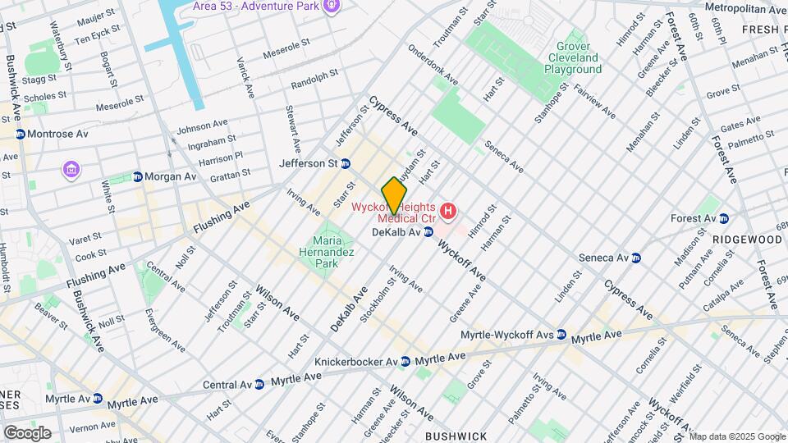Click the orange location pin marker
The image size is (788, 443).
pyautogui.click(x=395, y=195)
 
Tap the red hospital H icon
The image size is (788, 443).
pyautogui.click(x=448, y=212)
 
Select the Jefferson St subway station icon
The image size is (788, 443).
pyautogui.click(x=346, y=163)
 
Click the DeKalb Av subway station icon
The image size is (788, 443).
pyautogui.click(x=428, y=233)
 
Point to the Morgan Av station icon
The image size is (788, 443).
pyautogui.click(x=138, y=176)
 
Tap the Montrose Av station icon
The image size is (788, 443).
pyautogui.click(x=20, y=134)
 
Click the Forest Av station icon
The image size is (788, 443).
pyautogui.click(x=724, y=218)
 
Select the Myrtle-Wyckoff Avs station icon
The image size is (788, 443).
pyautogui.click(x=561, y=335)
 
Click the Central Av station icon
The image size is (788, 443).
pyautogui.click(x=259, y=384)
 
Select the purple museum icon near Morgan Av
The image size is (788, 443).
pyautogui.click(x=71, y=170)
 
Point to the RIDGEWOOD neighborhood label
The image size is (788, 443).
pyautogui.click(x=746, y=239)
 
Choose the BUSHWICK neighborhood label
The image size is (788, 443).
pyautogui.click(x=456, y=436)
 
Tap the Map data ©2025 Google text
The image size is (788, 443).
pyautogui.click(x=737, y=436)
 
